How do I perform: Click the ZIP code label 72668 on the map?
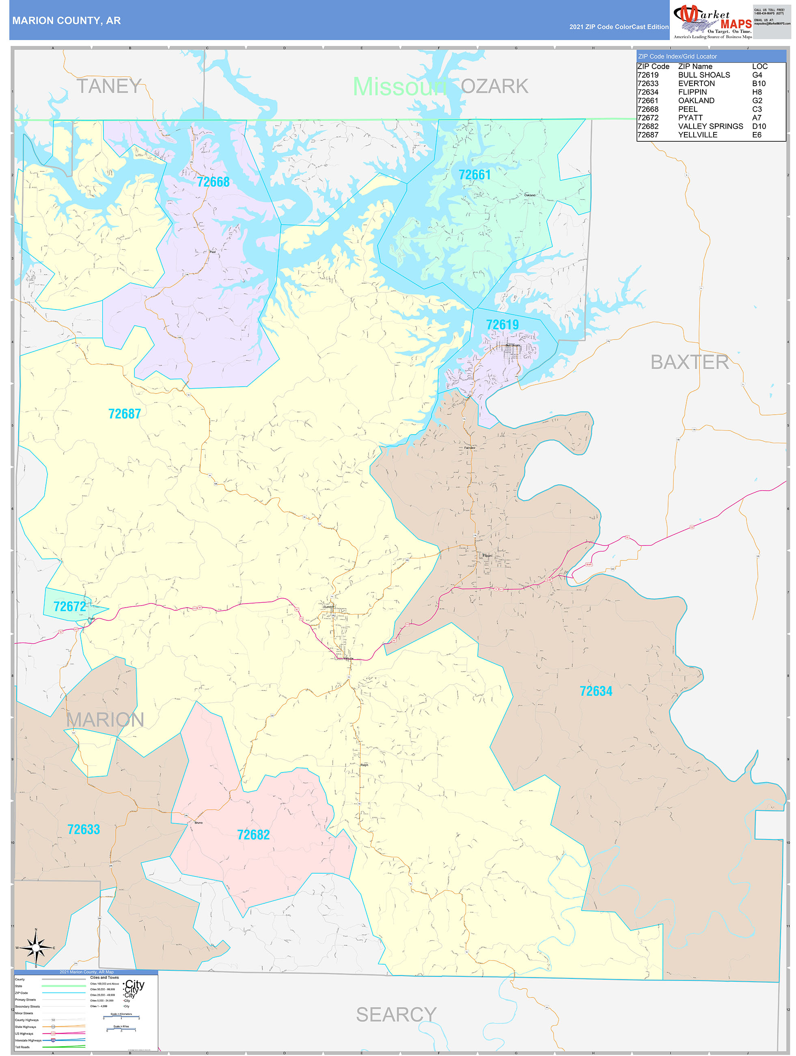(x=214, y=182)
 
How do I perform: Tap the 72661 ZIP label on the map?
(x=475, y=175)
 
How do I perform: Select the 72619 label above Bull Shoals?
(x=502, y=325)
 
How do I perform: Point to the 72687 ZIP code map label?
(x=125, y=414)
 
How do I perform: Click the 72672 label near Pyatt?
(x=70, y=606)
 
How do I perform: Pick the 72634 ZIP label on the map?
(x=595, y=691)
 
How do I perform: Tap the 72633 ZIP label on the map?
(x=84, y=829)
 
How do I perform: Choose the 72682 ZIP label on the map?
(x=253, y=835)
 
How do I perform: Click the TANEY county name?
(x=109, y=87)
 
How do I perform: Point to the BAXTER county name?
(x=690, y=362)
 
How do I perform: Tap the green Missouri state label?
(x=400, y=87)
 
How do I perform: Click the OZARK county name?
(x=495, y=87)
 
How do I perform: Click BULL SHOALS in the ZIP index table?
(x=704, y=75)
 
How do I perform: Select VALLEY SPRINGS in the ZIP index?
(x=711, y=126)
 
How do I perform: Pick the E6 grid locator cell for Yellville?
(x=757, y=134)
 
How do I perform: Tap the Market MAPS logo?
(x=712, y=22)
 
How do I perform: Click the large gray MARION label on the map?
(x=105, y=719)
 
